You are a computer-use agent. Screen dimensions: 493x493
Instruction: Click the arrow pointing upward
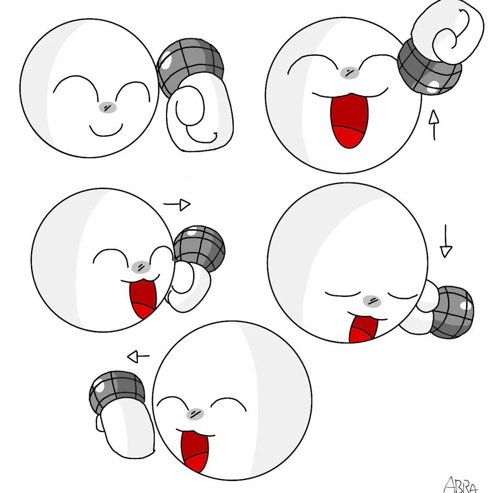point(434,124)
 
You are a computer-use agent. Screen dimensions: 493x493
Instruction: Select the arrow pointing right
point(177,204)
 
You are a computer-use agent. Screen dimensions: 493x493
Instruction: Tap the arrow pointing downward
point(446,241)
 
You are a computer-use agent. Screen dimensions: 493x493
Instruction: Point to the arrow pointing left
point(139,357)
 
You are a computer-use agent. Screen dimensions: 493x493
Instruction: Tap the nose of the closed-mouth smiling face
point(107,107)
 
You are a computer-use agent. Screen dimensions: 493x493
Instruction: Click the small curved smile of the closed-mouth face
point(106,131)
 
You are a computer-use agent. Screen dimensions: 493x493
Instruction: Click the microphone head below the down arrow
point(452,312)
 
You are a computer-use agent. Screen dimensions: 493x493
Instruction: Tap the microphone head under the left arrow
point(117,392)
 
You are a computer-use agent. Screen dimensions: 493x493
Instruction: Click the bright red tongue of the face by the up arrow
point(349,137)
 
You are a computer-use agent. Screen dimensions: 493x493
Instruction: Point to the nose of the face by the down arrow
point(372,301)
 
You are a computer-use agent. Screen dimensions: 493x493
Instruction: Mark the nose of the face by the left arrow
point(195,414)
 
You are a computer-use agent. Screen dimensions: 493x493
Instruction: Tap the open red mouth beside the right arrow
point(143,299)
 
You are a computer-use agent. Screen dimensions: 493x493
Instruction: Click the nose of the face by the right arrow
point(141,267)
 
